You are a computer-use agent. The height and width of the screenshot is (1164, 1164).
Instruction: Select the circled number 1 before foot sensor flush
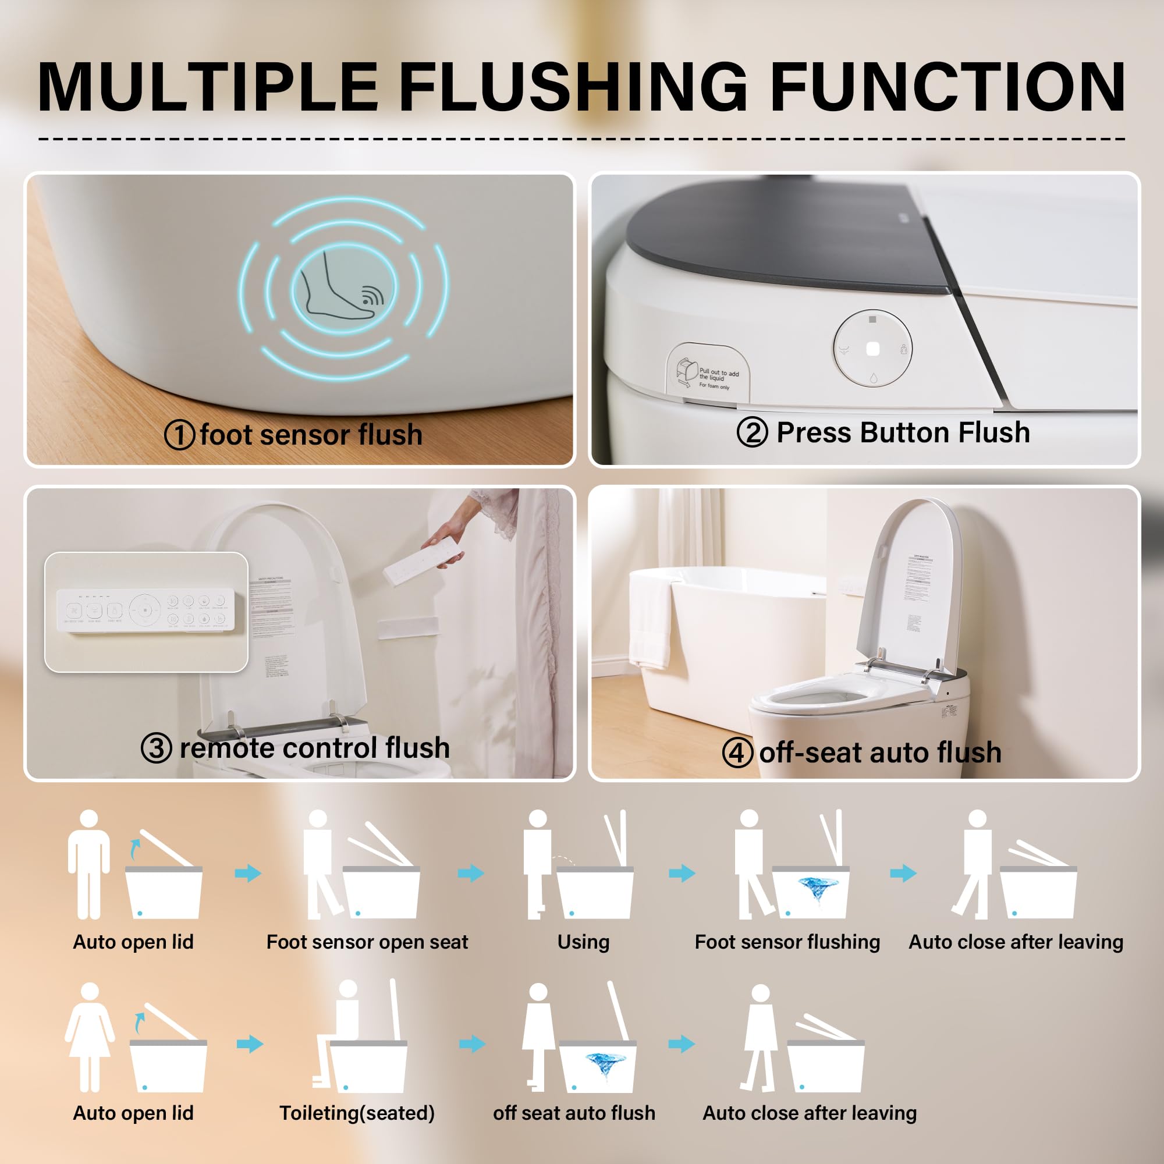pos(179,434)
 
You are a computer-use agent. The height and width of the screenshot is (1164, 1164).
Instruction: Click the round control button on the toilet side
pos(872,349)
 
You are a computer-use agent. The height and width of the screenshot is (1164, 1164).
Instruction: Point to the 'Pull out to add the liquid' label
pos(709,373)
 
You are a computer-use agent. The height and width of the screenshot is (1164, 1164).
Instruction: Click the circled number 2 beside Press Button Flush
pos(752,432)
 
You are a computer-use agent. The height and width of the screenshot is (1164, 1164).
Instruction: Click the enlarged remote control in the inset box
pos(145,611)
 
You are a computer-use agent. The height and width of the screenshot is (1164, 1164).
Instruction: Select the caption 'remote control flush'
pos(314,748)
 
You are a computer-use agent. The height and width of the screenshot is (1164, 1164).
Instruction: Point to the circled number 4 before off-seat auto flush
pos(737,753)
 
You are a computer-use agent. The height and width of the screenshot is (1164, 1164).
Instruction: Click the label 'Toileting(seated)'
pos(357,1112)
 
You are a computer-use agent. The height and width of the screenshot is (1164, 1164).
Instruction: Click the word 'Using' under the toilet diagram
pos(583,942)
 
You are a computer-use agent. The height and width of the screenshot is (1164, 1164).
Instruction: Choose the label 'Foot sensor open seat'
pos(367,942)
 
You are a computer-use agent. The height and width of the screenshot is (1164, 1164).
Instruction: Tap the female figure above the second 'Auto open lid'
pos(90,1037)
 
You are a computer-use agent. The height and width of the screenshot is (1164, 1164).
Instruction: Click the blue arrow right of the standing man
pos(247,873)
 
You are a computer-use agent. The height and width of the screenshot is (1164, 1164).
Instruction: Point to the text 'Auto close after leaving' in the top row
pos(1016,942)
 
